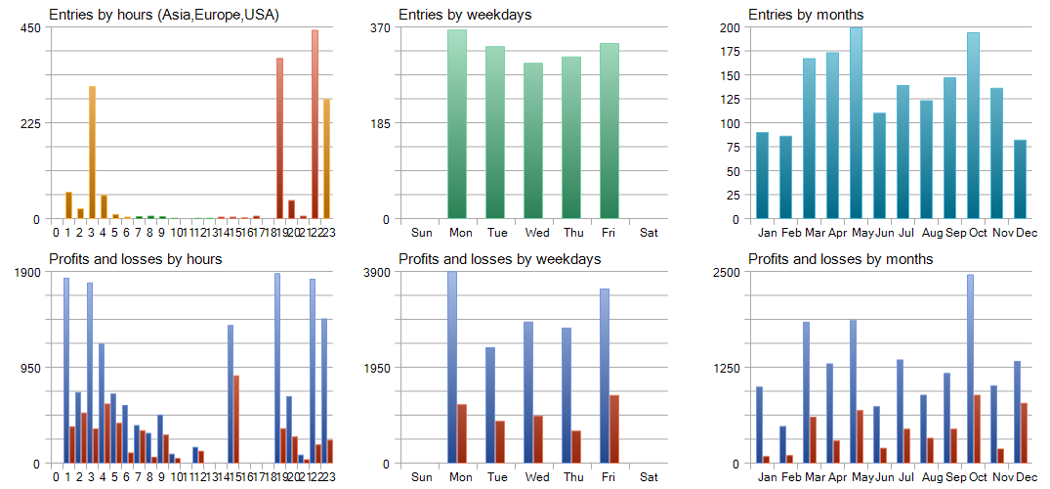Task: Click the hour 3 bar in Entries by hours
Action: tap(92, 153)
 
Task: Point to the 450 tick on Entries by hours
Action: tap(30, 27)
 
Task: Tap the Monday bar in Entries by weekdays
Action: tap(457, 124)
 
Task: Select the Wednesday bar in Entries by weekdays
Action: tap(532, 141)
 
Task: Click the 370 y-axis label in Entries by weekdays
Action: tap(380, 27)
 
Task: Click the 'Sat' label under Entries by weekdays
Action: tap(649, 233)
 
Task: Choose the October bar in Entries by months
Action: tap(973, 126)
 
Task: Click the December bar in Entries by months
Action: tap(1020, 179)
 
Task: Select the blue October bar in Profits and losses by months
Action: tap(970, 369)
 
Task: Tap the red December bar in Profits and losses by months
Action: tap(1024, 432)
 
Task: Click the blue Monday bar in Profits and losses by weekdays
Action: tap(452, 368)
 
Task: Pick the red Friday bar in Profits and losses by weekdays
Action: tap(614, 428)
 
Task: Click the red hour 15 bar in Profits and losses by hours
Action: tap(236, 419)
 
